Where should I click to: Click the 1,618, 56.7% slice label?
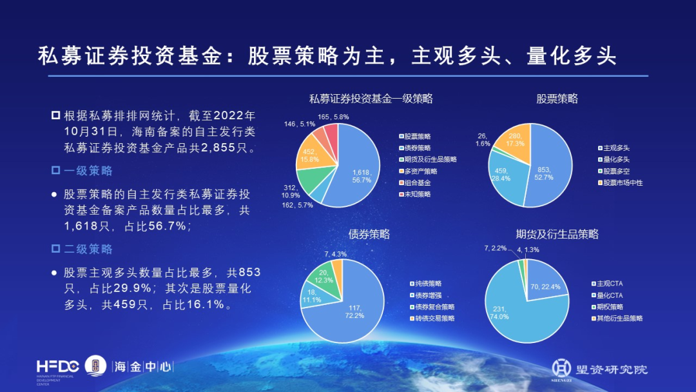[x=362, y=176]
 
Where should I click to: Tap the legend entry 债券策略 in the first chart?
[x=417, y=148]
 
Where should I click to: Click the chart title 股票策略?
[x=557, y=99]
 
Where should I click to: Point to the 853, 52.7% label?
[x=544, y=173]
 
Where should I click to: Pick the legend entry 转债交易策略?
[x=434, y=318]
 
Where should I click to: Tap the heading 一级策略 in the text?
[x=88, y=171]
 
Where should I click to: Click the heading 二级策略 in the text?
[x=88, y=249]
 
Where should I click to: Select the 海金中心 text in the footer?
[x=143, y=367]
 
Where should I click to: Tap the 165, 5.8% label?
[x=333, y=117]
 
